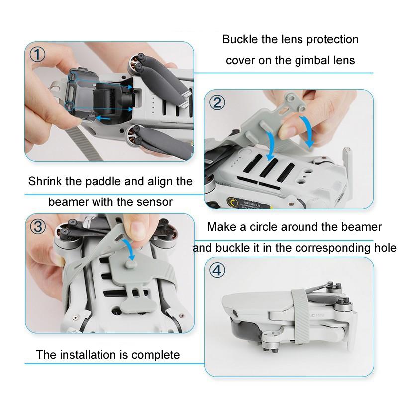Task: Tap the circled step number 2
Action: pyautogui.click(x=218, y=103)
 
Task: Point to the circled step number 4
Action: pyautogui.click(x=218, y=271)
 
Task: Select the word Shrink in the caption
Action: pyautogui.click(x=45, y=181)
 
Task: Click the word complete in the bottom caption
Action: pyautogui.click(x=156, y=355)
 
